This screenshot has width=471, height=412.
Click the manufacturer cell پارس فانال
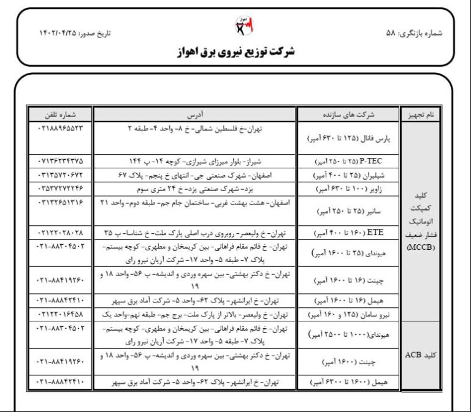[x=348, y=139]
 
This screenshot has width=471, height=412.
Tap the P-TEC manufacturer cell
[x=348, y=161]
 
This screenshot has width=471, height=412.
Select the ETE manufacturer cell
[x=348, y=233]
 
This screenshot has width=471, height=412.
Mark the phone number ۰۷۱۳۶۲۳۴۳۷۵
[x=60, y=161]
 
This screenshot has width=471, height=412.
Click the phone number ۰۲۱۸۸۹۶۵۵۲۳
[x=60, y=129]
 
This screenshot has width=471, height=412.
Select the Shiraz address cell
[x=194, y=161]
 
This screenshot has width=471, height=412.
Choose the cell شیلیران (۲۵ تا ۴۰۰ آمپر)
[x=348, y=174]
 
